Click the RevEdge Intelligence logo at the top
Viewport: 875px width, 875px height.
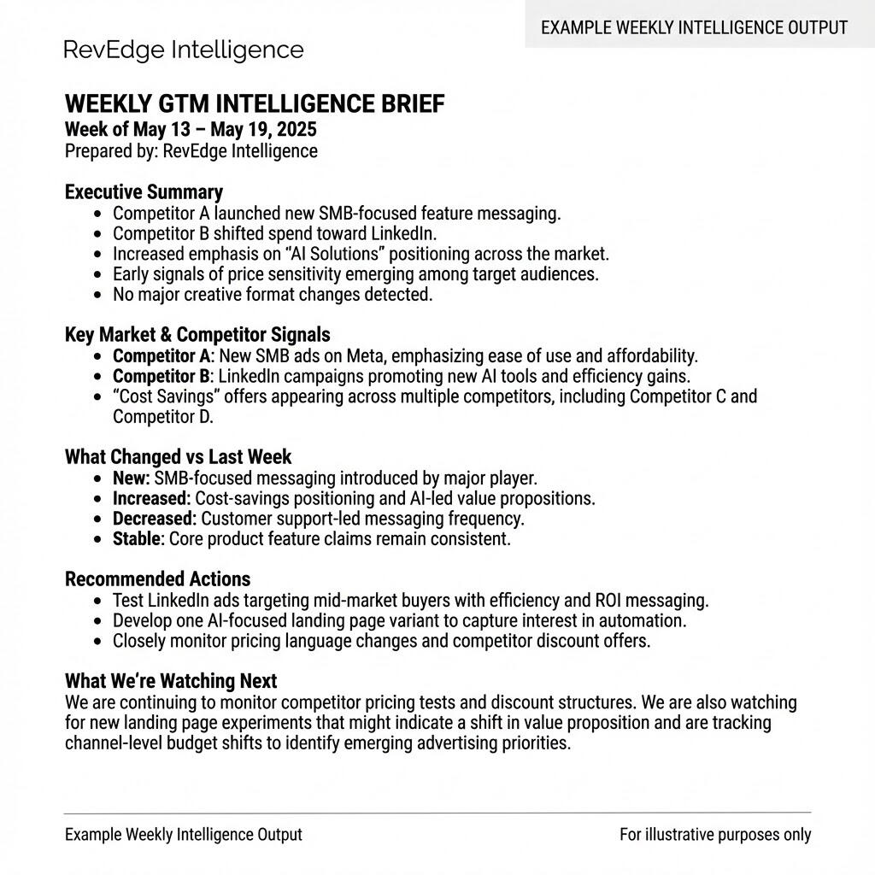(x=184, y=50)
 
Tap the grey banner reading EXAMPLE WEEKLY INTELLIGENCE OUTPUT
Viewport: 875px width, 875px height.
(x=694, y=27)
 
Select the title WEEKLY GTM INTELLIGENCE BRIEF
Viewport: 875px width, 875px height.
(x=255, y=104)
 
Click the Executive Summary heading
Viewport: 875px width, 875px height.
(x=144, y=192)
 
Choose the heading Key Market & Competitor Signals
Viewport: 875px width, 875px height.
(x=197, y=334)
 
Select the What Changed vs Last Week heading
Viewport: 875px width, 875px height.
(x=178, y=456)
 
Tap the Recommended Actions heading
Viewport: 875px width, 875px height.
(x=157, y=579)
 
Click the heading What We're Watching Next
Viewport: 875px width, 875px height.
(x=171, y=681)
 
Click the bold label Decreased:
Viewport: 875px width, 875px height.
(x=155, y=519)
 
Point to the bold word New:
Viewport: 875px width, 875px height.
(x=132, y=479)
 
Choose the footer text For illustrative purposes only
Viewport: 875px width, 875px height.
(x=715, y=835)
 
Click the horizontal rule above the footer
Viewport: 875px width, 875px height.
(x=437, y=813)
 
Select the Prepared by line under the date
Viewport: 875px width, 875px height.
(x=191, y=151)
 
